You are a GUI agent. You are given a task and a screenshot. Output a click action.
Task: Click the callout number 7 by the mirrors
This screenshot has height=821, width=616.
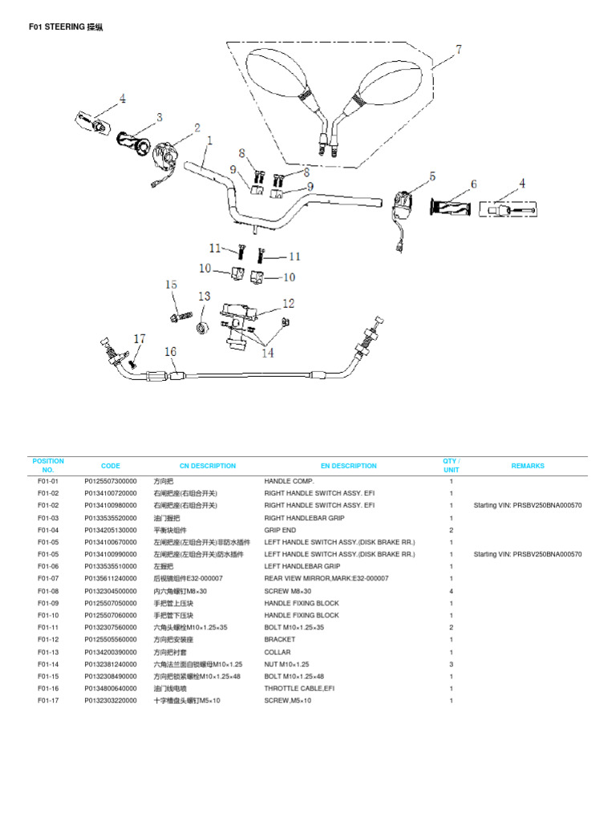(x=459, y=51)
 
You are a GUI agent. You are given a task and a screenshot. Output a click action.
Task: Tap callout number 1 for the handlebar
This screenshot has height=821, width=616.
(x=209, y=140)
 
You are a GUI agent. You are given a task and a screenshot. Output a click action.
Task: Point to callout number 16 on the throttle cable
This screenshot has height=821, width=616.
(x=170, y=351)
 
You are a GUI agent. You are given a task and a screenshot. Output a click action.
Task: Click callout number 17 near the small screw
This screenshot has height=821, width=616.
(x=140, y=339)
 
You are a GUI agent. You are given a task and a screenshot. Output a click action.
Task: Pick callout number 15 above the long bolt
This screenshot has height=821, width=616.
(x=171, y=285)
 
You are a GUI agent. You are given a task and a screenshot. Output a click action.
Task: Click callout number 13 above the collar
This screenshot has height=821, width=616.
(x=204, y=297)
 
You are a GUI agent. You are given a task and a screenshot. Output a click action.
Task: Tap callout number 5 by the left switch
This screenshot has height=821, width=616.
(x=432, y=176)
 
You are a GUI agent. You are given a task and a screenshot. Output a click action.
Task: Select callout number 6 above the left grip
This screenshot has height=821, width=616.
(x=473, y=184)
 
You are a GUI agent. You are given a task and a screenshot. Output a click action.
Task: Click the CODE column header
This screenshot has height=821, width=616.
(x=111, y=466)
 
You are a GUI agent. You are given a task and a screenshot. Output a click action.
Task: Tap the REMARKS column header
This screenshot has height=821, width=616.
(x=527, y=466)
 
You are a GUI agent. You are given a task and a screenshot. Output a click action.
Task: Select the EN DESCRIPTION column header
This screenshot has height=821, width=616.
(x=348, y=466)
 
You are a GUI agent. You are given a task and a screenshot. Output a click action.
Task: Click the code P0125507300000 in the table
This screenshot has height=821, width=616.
(x=111, y=481)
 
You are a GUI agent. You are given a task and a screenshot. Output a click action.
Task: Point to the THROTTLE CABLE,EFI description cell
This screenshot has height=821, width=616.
(x=299, y=688)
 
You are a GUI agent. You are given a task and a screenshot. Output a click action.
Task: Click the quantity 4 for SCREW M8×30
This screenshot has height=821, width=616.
(x=452, y=591)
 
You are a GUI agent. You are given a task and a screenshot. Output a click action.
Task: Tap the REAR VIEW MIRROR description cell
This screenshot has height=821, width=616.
(x=326, y=578)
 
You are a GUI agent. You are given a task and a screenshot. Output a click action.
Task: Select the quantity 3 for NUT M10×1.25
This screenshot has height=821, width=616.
(x=452, y=664)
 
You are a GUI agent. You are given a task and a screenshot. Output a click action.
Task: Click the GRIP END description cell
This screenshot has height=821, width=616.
(x=281, y=530)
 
